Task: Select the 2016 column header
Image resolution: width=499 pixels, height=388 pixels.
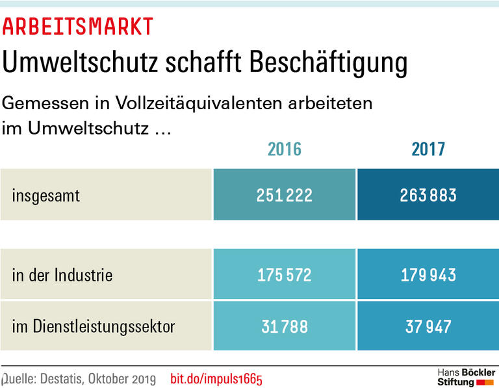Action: point(285,149)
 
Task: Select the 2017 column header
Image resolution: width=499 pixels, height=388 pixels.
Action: point(428,149)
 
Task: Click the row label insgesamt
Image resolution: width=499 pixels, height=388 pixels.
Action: point(46,195)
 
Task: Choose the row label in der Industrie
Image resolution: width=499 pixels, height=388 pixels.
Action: point(62,275)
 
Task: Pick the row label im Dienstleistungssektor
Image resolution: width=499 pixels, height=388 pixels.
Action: point(94,326)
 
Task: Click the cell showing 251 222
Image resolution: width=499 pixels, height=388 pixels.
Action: point(285,195)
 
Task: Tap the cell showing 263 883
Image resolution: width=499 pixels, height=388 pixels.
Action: point(428,195)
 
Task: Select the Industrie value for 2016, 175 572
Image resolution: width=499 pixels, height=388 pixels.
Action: point(285,275)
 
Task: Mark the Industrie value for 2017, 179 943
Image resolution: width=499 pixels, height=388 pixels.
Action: point(428,275)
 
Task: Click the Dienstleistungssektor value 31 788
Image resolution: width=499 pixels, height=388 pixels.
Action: point(285,326)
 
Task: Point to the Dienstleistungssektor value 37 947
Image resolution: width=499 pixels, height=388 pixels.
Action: point(428,326)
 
